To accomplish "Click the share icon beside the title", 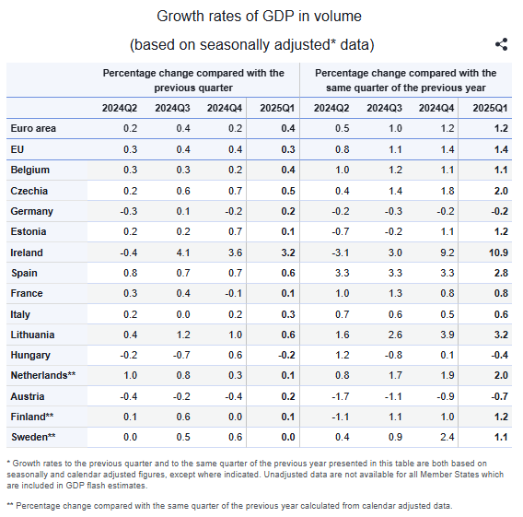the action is point(501,44).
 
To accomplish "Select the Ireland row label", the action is point(27,253).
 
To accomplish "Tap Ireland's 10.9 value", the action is point(498,253).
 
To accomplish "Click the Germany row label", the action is point(31,211).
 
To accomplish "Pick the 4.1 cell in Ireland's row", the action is point(183,253).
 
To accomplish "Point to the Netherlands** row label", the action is point(43,375).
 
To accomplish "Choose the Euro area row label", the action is point(33,128).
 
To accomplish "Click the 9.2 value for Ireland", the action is point(447,253).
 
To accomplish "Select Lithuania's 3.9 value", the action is point(447,335).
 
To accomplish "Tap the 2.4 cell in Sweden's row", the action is point(447,437).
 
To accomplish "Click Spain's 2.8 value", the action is point(501,273).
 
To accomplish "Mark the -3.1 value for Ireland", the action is point(341,253).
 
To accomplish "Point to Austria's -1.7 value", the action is point(341,396).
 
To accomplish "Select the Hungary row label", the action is point(30,355).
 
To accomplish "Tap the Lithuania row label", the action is point(32,335).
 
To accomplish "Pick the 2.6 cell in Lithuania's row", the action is point(395,335).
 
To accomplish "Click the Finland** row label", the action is point(32,417).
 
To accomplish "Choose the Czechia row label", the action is point(29,191).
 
